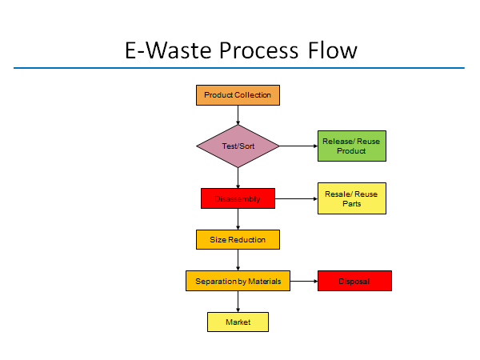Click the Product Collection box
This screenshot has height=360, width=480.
[238, 95]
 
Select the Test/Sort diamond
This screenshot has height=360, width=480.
[238, 146]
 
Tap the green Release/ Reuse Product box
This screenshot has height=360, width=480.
[352, 146]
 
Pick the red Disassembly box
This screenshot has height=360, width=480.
[238, 198]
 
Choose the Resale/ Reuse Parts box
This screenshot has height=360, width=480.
[352, 198]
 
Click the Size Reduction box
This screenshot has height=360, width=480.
[238, 239]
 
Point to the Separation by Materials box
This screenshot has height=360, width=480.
[238, 281]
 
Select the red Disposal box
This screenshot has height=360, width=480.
[354, 281]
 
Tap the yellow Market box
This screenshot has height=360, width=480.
[238, 322]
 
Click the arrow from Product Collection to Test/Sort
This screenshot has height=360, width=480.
[238, 115]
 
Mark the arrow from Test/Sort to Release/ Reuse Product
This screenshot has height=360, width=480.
[298, 146]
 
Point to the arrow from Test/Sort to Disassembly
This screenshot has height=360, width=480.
[238, 178]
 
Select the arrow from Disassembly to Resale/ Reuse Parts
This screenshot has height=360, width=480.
[296, 198]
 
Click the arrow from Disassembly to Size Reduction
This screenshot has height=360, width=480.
[238, 219]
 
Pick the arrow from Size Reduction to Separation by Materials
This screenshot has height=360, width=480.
[238, 260]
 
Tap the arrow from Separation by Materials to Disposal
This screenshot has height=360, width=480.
[304, 281]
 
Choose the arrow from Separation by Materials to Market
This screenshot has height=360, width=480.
[238, 302]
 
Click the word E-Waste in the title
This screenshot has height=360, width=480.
[168, 50]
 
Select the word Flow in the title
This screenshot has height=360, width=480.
[333, 50]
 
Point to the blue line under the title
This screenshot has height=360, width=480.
[239, 68]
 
